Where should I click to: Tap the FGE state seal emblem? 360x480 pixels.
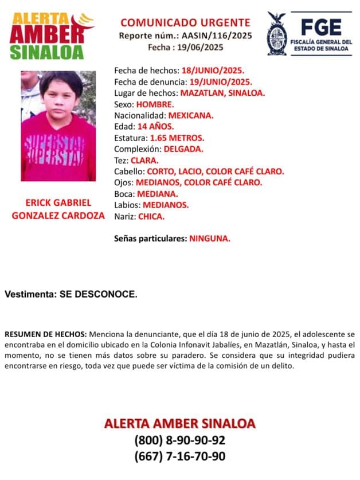point(277,33)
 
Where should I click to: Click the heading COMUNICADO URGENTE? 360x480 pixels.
point(185,23)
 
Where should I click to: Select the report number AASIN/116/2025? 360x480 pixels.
point(217,36)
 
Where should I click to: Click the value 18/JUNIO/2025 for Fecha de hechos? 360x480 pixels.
point(213,70)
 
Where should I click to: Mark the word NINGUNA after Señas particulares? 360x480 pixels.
point(210,238)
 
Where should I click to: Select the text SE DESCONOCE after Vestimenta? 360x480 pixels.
point(98,294)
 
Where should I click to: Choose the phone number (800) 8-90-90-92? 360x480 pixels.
point(179,440)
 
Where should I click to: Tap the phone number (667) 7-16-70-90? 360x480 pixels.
point(179,456)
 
